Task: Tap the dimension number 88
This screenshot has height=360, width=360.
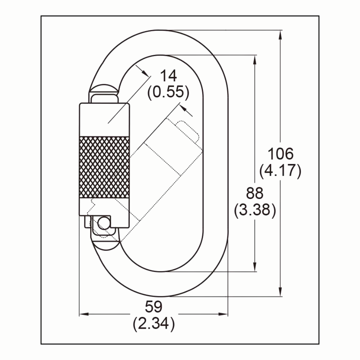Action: click(x=255, y=193)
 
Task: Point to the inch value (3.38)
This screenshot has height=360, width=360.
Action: click(x=255, y=210)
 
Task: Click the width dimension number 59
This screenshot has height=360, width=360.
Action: click(x=154, y=306)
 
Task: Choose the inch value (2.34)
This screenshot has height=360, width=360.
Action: click(x=154, y=324)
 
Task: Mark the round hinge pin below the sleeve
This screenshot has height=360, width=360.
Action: click(x=104, y=222)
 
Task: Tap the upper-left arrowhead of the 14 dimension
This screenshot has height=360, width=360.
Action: click(x=144, y=72)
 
